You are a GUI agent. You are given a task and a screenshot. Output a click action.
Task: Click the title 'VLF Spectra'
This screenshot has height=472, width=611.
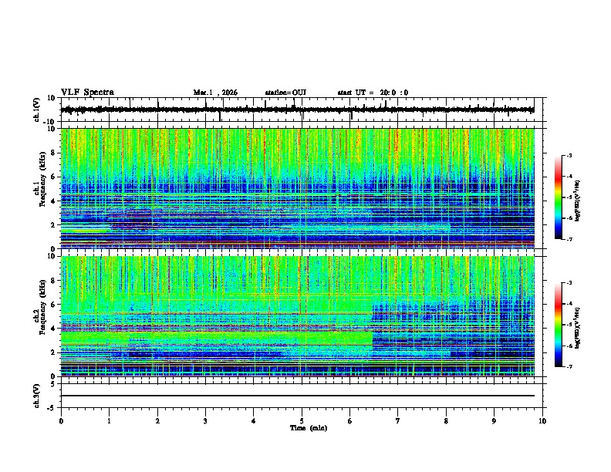(87, 92)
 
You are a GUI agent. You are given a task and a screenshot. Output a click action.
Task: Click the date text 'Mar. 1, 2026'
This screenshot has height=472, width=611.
(215, 93)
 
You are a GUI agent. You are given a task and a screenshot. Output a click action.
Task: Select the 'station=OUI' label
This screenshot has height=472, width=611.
(285, 93)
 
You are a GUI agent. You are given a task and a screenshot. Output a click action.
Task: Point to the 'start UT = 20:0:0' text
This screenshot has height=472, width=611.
(373, 93)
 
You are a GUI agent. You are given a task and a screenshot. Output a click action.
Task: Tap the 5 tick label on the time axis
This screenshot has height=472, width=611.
(302, 420)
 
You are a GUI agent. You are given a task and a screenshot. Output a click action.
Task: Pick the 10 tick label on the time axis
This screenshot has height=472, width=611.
(542, 420)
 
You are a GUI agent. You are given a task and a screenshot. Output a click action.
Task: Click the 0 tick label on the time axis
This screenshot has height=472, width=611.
(61, 420)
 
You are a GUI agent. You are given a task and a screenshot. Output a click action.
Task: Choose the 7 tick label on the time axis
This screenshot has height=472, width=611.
(398, 420)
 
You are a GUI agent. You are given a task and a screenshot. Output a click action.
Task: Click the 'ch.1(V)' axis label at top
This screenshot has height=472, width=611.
(37, 110)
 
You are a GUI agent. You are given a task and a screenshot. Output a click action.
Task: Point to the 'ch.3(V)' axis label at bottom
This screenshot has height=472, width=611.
(37, 395)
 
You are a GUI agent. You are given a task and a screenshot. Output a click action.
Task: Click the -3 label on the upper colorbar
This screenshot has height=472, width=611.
(571, 156)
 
